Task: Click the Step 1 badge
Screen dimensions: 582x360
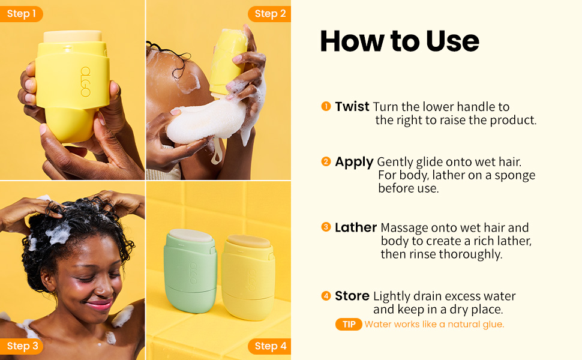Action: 21,14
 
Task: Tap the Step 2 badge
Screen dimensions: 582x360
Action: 270,14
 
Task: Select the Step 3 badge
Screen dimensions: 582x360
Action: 22,346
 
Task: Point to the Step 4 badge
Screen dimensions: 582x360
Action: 270,346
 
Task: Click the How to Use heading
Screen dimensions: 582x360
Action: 400,41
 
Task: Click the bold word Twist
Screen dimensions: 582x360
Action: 352,107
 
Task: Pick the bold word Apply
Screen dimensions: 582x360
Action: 354,162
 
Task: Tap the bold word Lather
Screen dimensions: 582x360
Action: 356,227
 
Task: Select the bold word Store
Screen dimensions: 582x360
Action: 352,296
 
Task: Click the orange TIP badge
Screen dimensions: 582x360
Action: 349,324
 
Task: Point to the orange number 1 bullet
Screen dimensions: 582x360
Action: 326,107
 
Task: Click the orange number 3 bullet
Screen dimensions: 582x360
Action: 326,227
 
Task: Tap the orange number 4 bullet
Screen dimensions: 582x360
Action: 326,296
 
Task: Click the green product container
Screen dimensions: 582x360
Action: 190,271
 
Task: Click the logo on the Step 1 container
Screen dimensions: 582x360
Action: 85,82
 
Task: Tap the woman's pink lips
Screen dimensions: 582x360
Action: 99,304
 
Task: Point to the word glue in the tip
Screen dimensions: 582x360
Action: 494,325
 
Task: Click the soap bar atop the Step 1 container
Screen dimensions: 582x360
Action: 73,37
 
